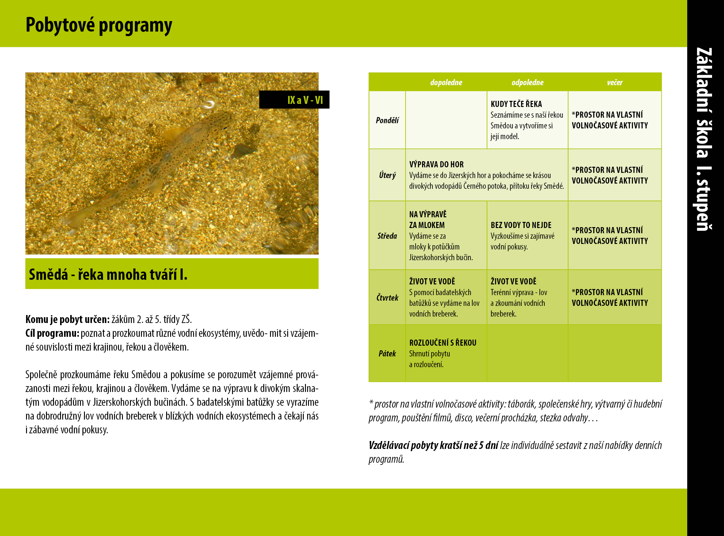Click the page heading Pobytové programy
[99, 25]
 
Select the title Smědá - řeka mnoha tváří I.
[108, 275]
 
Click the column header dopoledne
[446, 82]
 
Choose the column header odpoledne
[527, 82]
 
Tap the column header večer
[615, 82]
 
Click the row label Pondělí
[387, 120]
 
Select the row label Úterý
[387, 175]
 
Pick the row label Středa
[387, 236]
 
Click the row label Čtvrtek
[387, 298]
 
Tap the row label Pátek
[387, 353]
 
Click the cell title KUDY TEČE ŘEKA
[516, 104]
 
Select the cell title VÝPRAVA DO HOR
[436, 165]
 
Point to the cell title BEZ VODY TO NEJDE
[521, 225]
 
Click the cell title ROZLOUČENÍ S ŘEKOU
[443, 343]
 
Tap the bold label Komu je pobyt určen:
[67, 319]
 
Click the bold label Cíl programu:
[52, 333]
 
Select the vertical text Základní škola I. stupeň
[704, 139]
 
